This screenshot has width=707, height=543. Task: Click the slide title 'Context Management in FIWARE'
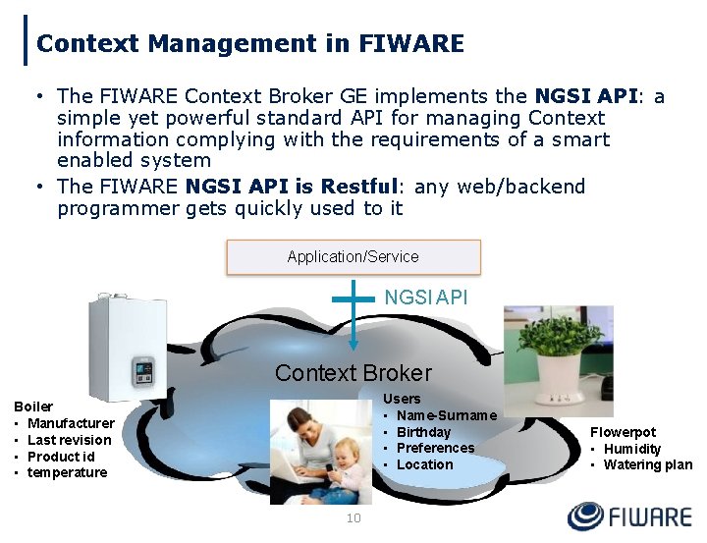tap(249, 44)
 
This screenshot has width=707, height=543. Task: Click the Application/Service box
tap(353, 257)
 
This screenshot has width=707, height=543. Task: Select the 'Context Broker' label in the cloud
tap(353, 373)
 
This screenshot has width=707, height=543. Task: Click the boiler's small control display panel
tap(142, 372)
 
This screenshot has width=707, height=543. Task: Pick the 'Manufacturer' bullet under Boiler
tap(71, 423)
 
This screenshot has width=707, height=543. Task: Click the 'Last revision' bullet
tap(69, 440)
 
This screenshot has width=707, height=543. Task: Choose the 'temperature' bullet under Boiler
tap(67, 472)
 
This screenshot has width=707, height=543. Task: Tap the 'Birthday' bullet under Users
tap(423, 432)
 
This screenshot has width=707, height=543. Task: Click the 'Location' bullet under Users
tap(424, 464)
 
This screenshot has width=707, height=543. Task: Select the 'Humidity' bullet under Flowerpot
tap(632, 449)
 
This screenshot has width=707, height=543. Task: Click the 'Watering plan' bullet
tap(647, 464)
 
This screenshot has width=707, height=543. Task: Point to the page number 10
tap(353, 518)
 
